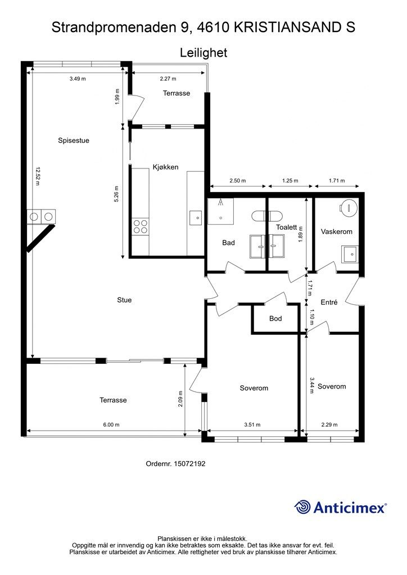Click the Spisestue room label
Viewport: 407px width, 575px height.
click(x=74, y=140)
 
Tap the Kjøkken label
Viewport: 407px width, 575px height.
click(x=165, y=167)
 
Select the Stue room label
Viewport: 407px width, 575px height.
click(x=124, y=300)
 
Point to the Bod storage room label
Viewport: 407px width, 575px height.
click(x=275, y=318)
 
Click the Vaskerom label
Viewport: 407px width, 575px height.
click(x=337, y=232)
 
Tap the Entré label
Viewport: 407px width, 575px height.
click(x=329, y=302)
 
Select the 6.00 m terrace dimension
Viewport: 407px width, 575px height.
click(x=111, y=425)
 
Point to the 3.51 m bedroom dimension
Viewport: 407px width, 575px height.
click(x=252, y=425)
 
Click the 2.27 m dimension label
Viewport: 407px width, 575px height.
click(x=168, y=79)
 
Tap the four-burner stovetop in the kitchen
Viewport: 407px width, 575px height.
click(x=141, y=226)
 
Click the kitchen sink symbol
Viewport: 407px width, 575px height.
click(x=196, y=218)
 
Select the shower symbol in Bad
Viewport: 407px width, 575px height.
click(x=220, y=211)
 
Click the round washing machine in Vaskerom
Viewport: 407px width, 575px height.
click(x=349, y=208)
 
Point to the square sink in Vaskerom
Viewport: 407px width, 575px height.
click(x=350, y=254)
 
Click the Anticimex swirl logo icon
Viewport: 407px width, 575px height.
click(x=302, y=507)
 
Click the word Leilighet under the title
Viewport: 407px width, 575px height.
click(x=203, y=53)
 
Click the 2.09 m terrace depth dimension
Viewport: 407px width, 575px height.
click(x=180, y=399)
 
